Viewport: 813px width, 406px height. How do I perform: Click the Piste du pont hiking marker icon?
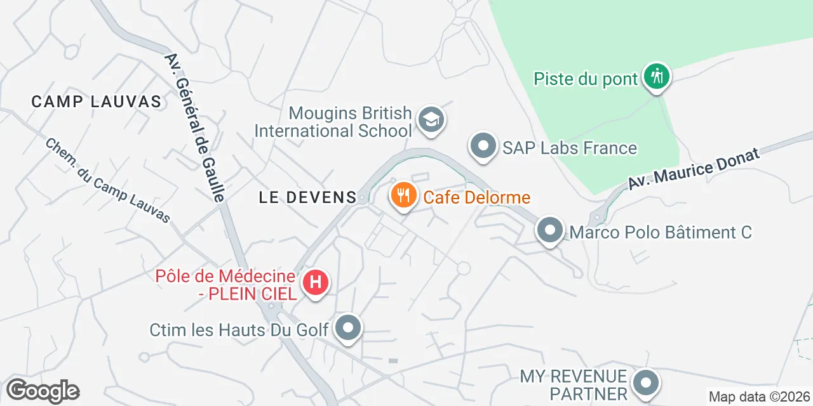[x=656, y=77]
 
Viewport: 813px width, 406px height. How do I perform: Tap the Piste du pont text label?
[x=585, y=79]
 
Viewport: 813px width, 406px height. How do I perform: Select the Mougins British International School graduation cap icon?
[x=431, y=119]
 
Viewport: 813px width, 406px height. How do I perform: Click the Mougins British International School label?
[x=333, y=122]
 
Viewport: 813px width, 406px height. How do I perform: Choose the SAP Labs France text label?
[x=569, y=148]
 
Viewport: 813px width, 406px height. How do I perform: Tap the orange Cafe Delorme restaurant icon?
[x=403, y=195]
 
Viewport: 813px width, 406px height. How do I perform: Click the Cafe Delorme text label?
[x=476, y=197]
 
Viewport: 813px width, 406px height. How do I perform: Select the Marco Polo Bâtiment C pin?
[x=550, y=230]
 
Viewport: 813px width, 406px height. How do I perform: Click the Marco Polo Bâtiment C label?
[x=661, y=232]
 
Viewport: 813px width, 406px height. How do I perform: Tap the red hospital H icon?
[x=316, y=282]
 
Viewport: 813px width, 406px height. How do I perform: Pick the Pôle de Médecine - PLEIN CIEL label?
[x=226, y=285]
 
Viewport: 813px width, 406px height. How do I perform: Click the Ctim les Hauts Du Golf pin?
[x=347, y=328]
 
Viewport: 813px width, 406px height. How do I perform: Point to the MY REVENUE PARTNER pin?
[x=646, y=383]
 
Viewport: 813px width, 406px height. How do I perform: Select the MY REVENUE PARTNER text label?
[x=574, y=385]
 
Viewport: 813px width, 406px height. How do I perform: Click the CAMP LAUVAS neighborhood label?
[x=97, y=101]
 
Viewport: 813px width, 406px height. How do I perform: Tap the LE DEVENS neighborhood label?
[x=308, y=197]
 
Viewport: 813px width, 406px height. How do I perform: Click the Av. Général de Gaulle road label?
[x=194, y=128]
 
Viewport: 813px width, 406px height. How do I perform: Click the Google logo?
[x=43, y=391]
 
